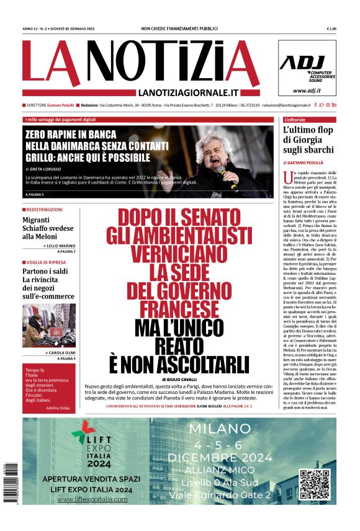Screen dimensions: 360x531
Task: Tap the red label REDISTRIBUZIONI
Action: pos(43,210)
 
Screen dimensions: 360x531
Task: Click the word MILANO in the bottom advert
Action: pos(220,429)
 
